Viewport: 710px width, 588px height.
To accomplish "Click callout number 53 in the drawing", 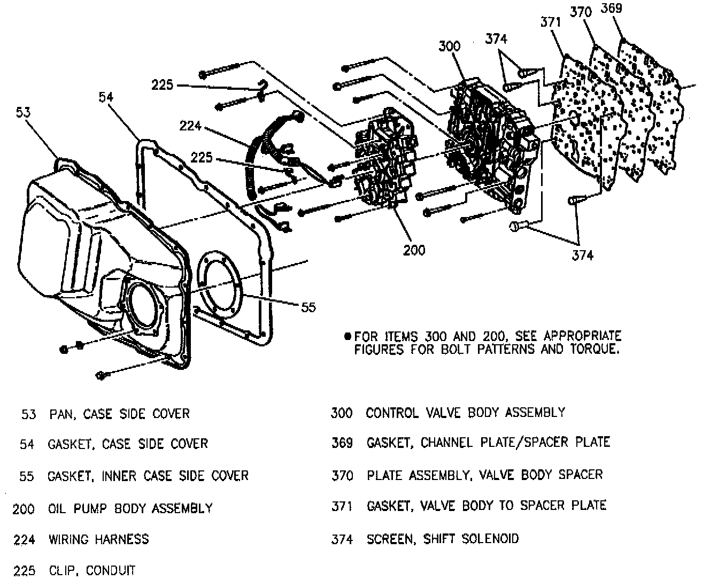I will click(24, 112).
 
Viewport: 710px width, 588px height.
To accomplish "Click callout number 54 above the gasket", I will click(106, 97).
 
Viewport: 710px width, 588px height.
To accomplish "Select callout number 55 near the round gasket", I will click(308, 307).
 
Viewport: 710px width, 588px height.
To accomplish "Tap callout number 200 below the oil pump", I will click(414, 250).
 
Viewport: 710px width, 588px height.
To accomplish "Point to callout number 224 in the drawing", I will click(190, 126).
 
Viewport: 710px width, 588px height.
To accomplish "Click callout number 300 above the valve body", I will click(449, 46).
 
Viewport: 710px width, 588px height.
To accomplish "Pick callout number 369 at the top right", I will click(612, 9).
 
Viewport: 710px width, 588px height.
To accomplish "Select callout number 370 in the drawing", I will click(581, 12).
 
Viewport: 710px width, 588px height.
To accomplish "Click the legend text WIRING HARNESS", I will click(99, 539).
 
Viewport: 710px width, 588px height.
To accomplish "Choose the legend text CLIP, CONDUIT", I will click(92, 570).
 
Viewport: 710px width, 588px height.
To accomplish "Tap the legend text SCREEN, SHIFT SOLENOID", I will click(443, 538).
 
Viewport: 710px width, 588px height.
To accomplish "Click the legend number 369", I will click(342, 443).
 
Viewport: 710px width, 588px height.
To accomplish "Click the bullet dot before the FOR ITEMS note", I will click(348, 337).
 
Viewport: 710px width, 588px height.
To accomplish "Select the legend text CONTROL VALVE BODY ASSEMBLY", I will click(465, 412).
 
